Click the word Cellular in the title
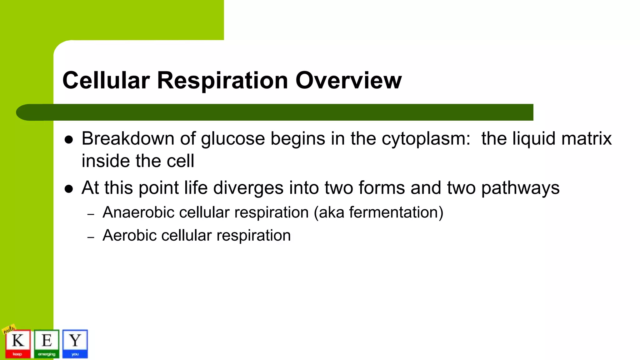pyautogui.click(x=106, y=80)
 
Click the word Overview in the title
pyautogui.click(x=348, y=80)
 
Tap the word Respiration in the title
pyautogui.click(x=222, y=80)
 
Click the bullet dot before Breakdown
pyautogui.click(x=69, y=140)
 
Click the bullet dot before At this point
pyautogui.click(x=69, y=189)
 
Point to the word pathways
pyautogui.click(x=520, y=188)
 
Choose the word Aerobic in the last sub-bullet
pyautogui.click(x=129, y=235)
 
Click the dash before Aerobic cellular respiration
pyautogui.click(x=91, y=237)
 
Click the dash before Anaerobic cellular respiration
pyautogui.click(x=91, y=215)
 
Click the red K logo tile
pyautogui.click(x=18, y=343)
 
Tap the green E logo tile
pyautogui.click(x=47, y=343)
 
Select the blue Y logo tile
pyautogui.click(x=75, y=343)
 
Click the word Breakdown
pyautogui.click(x=128, y=138)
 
